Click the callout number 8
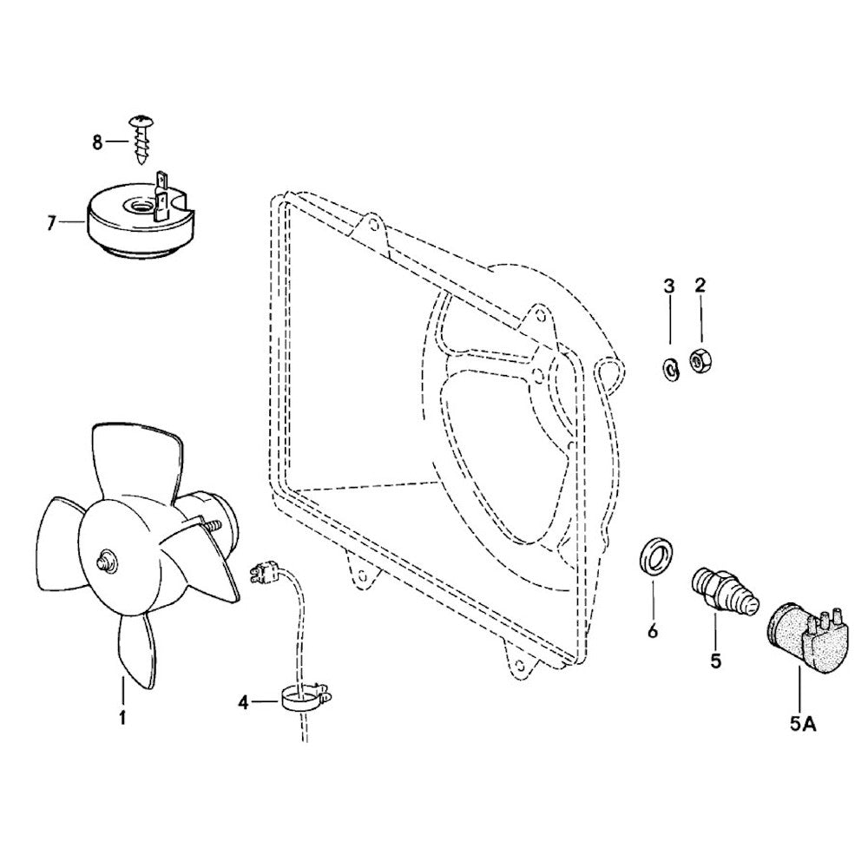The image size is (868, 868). tap(97, 141)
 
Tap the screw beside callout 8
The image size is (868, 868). tap(140, 139)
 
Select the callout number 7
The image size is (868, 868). tap(51, 223)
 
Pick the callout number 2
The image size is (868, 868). tap(700, 285)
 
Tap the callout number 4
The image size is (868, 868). tap(245, 703)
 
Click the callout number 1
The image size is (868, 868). tap(122, 718)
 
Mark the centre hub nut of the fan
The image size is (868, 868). tap(107, 562)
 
